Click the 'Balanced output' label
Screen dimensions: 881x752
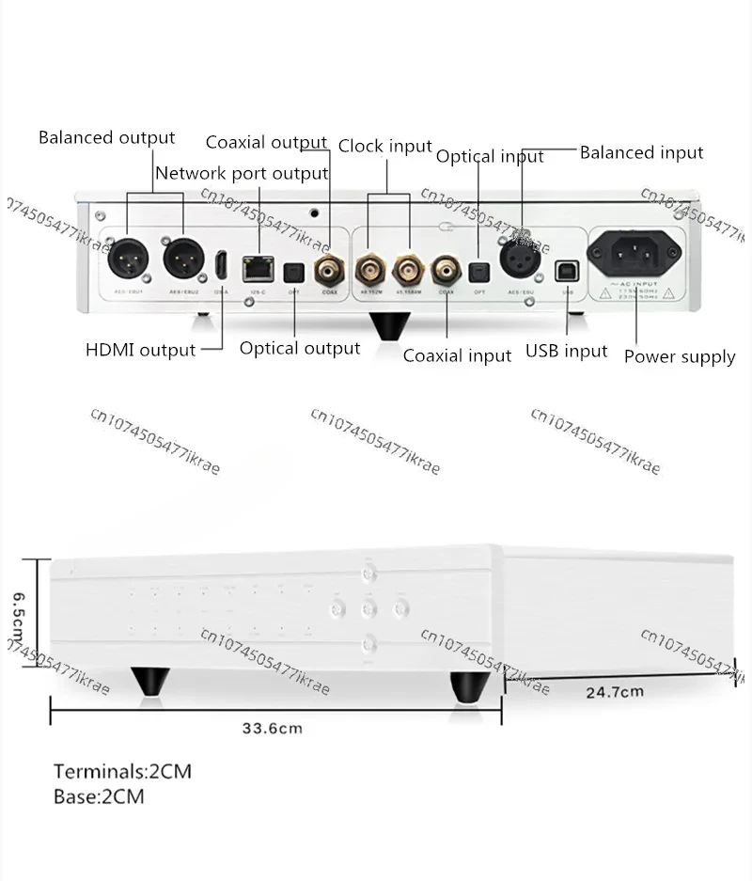(106, 138)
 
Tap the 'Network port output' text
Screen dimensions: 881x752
(242, 173)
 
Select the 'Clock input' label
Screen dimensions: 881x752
(384, 147)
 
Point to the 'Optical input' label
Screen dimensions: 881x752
(490, 157)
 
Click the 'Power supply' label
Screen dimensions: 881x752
(680, 356)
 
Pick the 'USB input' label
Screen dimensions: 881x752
(567, 352)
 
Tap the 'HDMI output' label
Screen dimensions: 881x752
(141, 351)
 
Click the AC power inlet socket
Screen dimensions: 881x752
(634, 253)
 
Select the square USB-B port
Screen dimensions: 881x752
(567, 269)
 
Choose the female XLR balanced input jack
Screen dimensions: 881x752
(522, 261)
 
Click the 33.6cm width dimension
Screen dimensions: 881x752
(273, 728)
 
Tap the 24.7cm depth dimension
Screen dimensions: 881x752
(615, 693)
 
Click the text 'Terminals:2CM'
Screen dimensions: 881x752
(122, 772)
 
